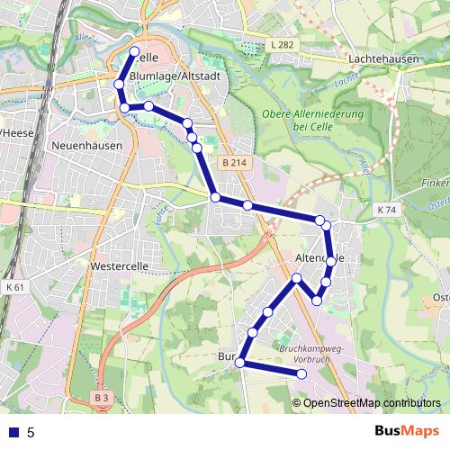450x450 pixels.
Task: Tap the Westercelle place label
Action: click(x=120, y=266)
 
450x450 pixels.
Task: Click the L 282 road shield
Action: click(x=283, y=44)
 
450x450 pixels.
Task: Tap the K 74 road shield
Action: click(x=387, y=209)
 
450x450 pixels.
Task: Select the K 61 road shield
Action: click(x=14, y=287)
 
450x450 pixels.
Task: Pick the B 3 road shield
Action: click(x=102, y=397)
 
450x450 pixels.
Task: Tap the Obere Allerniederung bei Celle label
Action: click(x=313, y=121)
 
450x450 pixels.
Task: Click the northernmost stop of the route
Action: click(x=135, y=51)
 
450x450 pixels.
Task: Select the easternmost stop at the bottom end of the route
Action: click(x=302, y=373)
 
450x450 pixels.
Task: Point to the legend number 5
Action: click(x=31, y=432)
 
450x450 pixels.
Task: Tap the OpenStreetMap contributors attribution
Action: click(x=372, y=402)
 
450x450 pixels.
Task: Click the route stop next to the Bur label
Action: click(x=239, y=363)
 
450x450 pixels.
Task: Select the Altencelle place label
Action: click(x=320, y=258)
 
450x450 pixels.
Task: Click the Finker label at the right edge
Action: click(x=436, y=182)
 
